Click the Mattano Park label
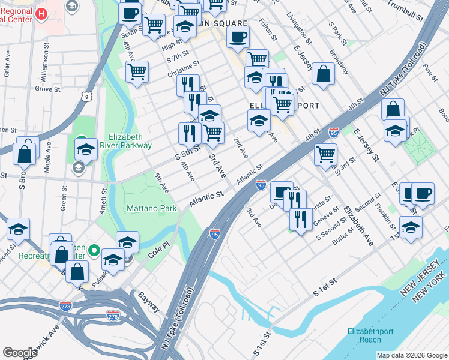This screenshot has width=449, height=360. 151,208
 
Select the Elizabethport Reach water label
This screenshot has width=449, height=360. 372,335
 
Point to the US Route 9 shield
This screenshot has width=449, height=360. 88,96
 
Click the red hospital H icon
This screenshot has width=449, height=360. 41,14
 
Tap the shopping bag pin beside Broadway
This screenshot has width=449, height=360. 324,74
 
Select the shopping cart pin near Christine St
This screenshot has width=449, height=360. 137,71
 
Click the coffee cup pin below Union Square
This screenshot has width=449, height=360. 238,37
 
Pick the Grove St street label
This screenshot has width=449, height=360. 44,89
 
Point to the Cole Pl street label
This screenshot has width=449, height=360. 158,254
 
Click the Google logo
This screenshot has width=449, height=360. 20,352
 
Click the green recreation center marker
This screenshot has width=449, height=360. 94,250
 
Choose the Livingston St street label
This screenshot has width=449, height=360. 299,28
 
